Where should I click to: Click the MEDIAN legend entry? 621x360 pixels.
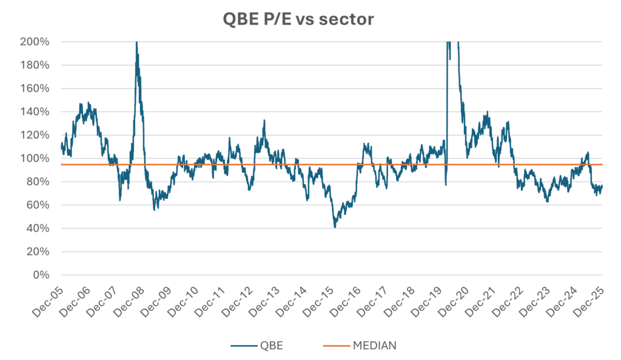click(374, 345)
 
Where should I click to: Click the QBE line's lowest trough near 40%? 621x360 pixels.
click(335, 227)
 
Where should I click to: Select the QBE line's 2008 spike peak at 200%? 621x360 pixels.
click(136, 42)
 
